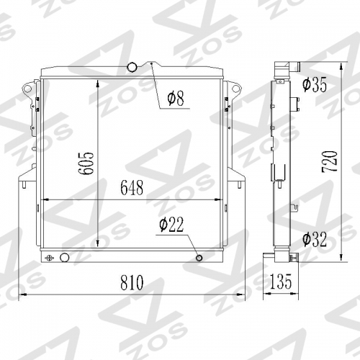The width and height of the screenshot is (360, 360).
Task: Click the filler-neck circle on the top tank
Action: pos(132,68)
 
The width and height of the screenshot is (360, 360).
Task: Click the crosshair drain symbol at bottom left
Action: pos(50,258)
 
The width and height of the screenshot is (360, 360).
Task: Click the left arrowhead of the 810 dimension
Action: pos(20,295)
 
